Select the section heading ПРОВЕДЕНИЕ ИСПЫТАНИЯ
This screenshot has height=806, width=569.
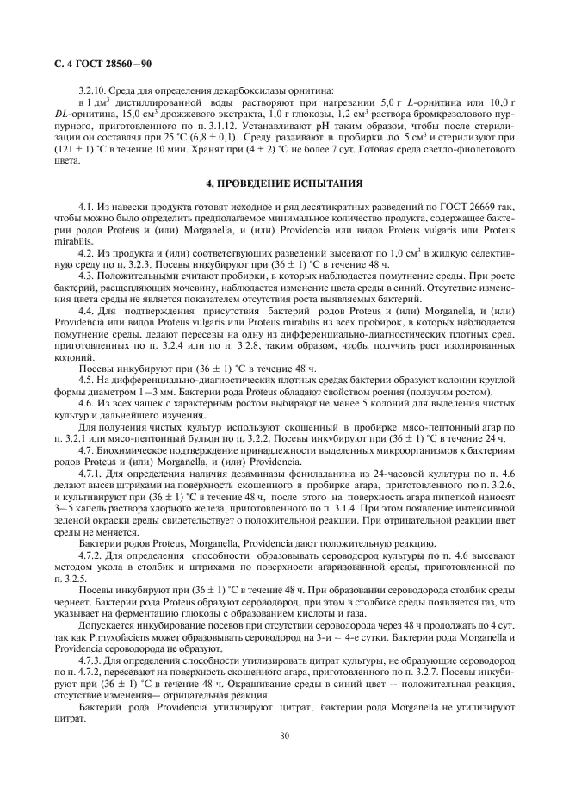[x=285, y=183]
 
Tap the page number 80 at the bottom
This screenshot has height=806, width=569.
[x=284, y=735]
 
